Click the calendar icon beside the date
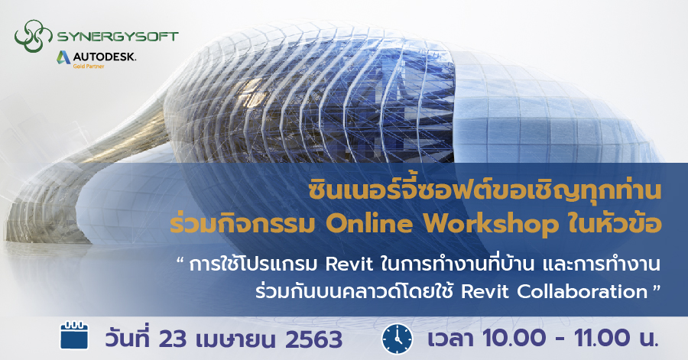point(75,337)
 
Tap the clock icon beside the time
point(397,337)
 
